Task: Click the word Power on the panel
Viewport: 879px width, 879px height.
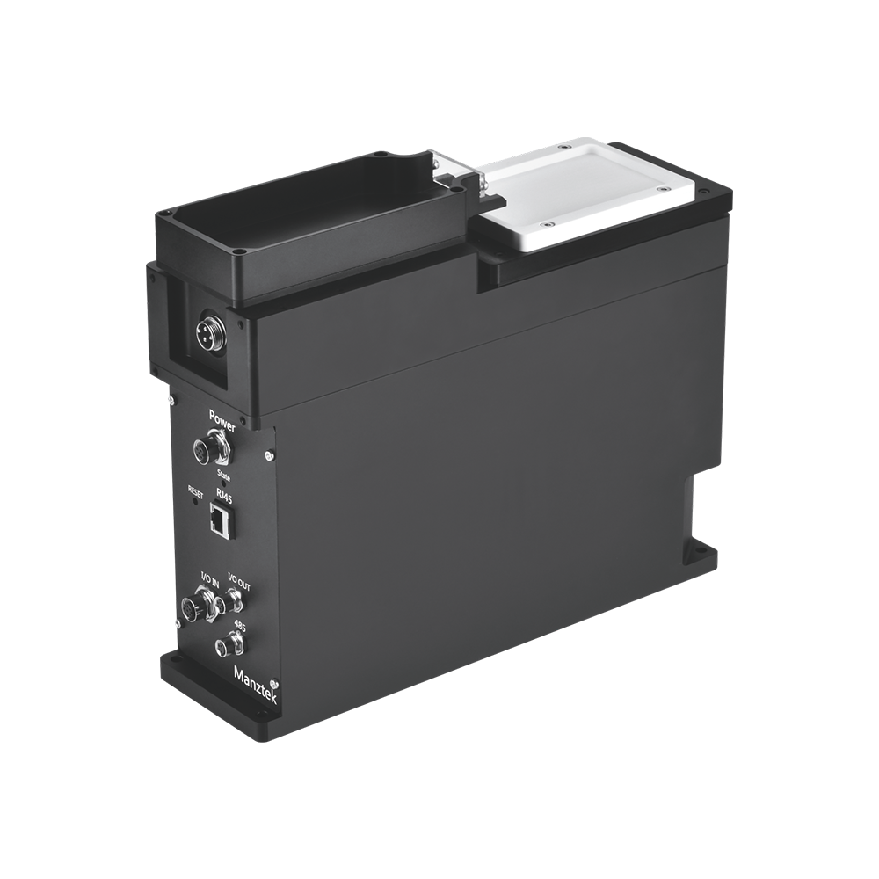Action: (222, 420)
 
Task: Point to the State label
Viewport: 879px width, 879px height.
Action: (222, 475)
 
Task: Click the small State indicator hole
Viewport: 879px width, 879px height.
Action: (223, 483)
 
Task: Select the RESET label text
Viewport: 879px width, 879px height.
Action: (196, 491)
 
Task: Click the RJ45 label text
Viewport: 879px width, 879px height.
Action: (223, 497)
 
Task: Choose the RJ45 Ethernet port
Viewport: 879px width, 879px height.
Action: (221, 520)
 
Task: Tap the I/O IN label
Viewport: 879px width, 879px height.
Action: (210, 579)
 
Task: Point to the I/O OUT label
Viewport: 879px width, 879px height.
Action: (238, 581)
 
